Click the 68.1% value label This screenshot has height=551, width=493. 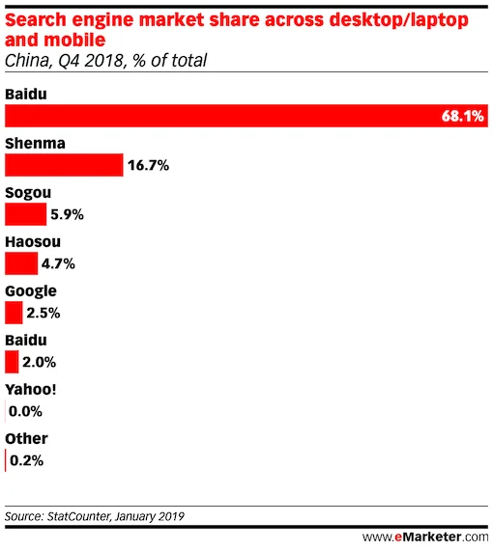(461, 117)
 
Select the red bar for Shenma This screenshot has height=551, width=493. (64, 165)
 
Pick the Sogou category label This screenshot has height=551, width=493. (28, 192)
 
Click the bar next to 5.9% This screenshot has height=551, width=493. (25, 214)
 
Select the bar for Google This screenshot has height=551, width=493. (14, 313)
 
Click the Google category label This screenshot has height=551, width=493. (31, 290)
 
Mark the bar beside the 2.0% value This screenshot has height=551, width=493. (12, 363)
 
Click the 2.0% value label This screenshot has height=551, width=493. (39, 363)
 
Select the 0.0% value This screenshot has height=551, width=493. (26, 412)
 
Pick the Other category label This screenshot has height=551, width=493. (26, 439)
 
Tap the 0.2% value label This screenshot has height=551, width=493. (26, 461)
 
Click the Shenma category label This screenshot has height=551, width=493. (35, 143)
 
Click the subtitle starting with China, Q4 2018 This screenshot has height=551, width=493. (106, 62)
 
